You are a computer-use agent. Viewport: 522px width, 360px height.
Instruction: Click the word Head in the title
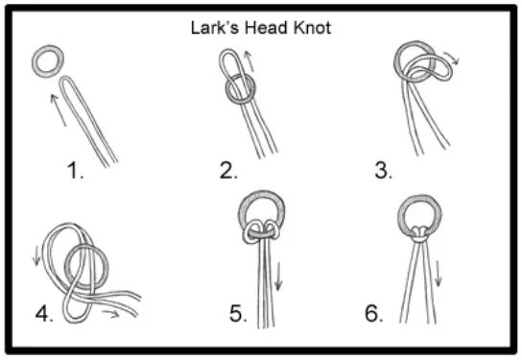(x=267, y=27)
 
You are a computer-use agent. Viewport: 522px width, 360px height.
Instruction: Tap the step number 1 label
(x=75, y=173)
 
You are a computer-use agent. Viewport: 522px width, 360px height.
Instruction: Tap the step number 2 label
(x=228, y=173)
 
